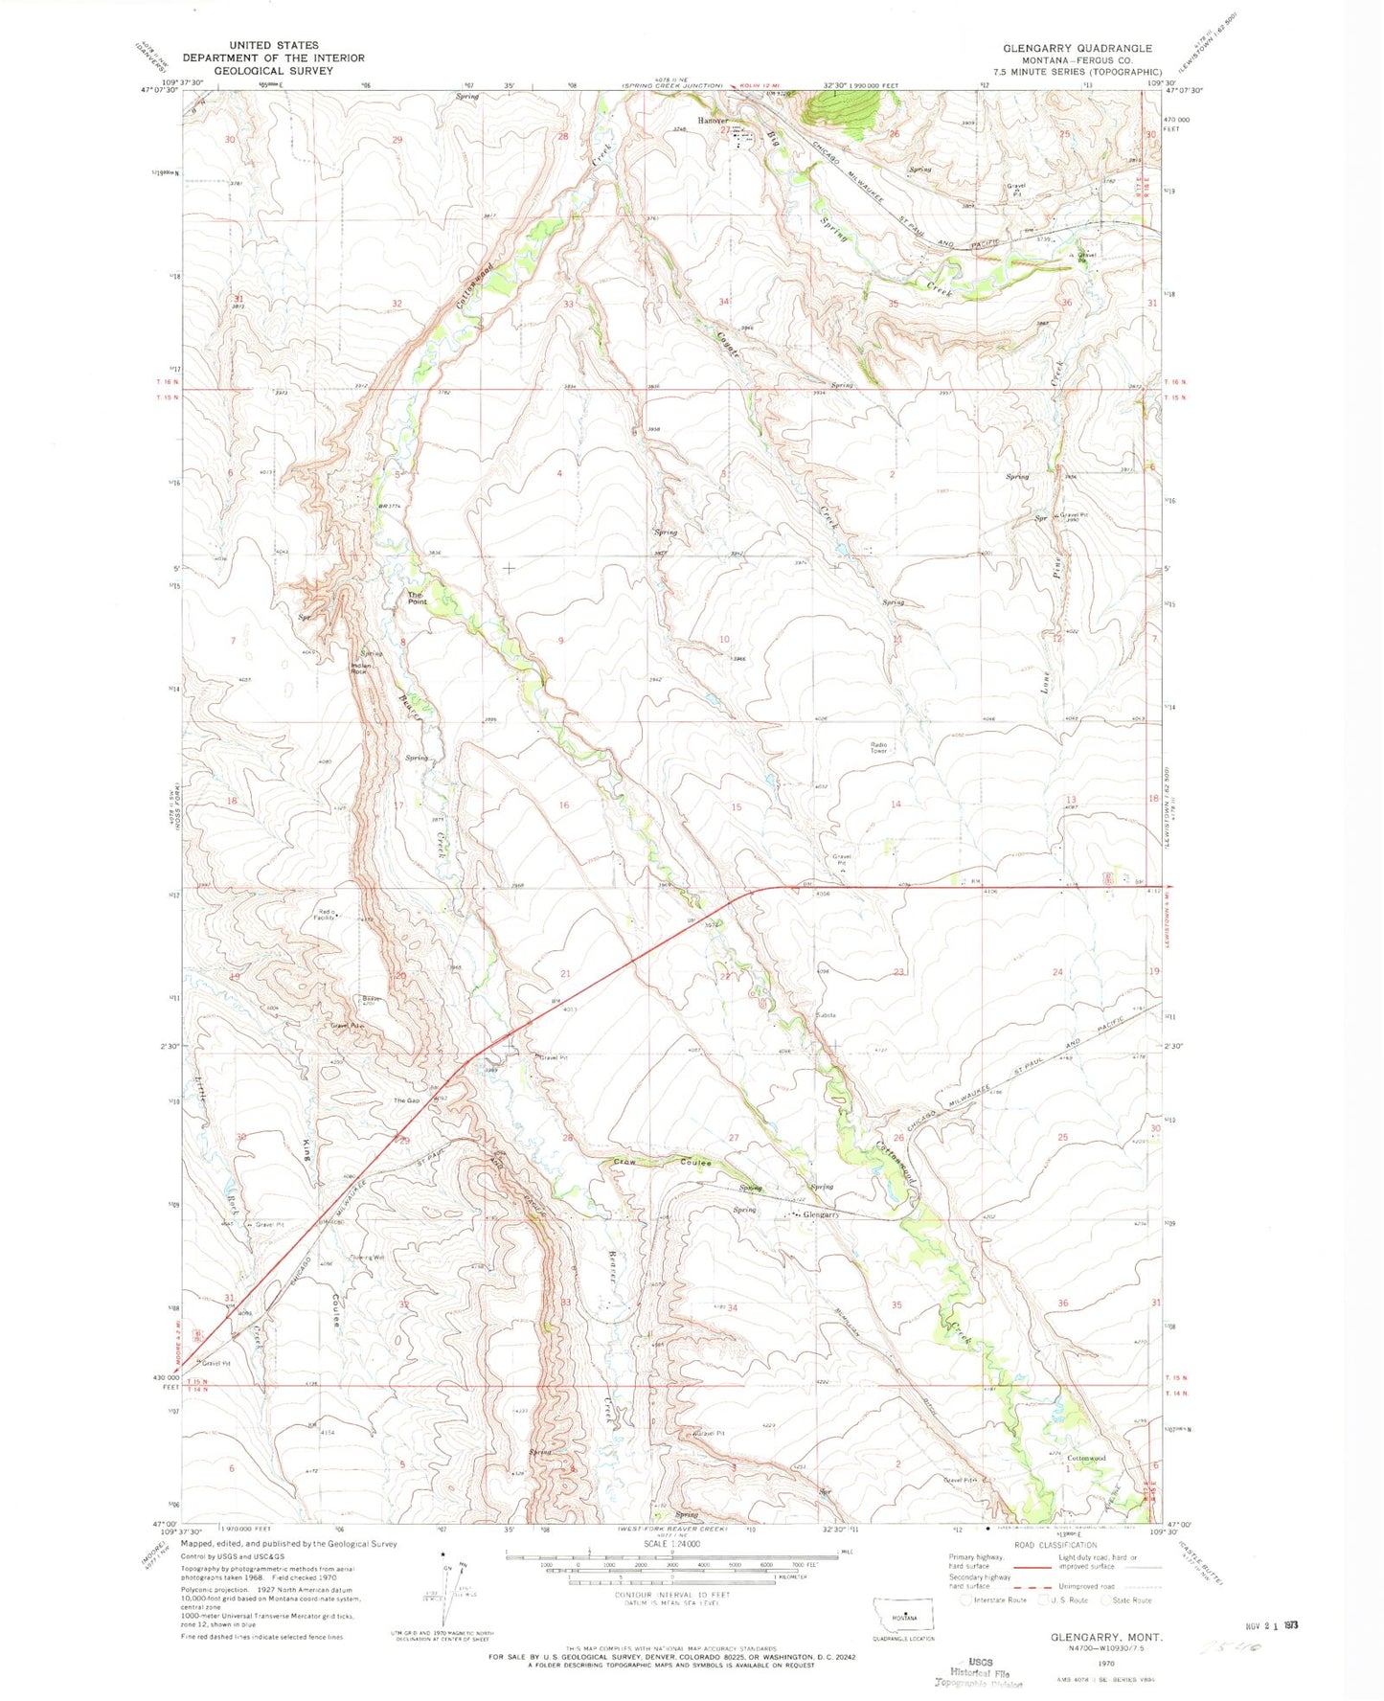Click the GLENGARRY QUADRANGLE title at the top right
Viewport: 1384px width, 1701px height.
[1078, 48]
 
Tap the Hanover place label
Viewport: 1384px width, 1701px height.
[713, 122]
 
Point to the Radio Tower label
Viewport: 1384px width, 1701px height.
[878, 748]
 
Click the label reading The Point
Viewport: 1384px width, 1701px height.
[417, 598]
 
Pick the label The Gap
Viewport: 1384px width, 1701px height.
[406, 1100]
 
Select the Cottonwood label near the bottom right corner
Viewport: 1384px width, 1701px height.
[1086, 1458]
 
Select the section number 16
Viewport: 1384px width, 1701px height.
[564, 805]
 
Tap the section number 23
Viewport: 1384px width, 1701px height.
[898, 972]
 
